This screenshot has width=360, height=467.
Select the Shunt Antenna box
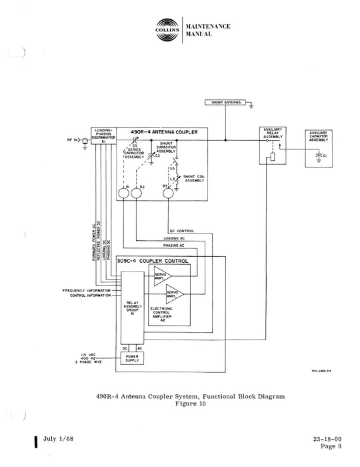tap(227, 103)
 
